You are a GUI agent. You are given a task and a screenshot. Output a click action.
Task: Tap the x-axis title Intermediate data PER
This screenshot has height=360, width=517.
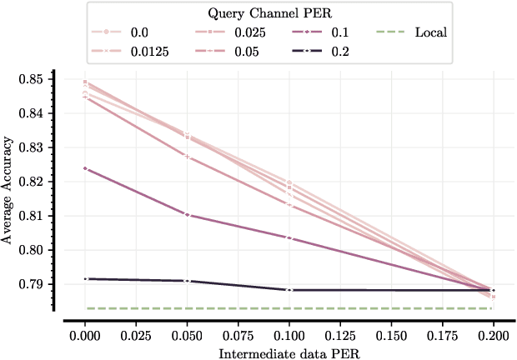point(289,353)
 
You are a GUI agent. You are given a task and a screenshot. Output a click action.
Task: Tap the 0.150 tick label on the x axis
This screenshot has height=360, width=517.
point(391,334)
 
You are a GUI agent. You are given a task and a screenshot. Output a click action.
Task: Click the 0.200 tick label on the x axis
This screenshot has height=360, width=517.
point(493,334)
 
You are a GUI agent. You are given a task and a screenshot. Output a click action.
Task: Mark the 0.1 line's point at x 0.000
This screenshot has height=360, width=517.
point(85,168)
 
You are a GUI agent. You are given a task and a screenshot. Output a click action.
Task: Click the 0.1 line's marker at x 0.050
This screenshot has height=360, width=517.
point(187,215)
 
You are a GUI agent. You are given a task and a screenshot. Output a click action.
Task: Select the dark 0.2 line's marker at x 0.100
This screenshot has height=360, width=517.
point(289,290)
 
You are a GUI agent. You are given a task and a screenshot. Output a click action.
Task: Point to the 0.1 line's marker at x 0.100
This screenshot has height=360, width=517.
point(289,237)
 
